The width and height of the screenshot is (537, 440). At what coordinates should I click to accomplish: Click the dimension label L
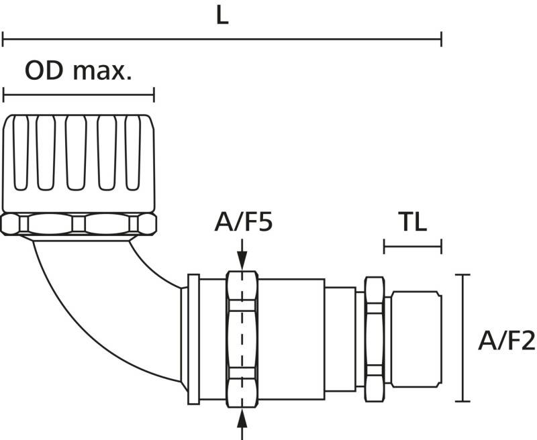[222, 16]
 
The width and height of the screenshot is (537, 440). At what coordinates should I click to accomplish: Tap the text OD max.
[78, 70]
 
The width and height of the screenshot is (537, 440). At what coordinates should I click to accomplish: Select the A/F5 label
[243, 222]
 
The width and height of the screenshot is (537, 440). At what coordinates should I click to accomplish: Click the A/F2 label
[506, 341]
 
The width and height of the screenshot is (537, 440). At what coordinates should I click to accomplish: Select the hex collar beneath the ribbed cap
[79, 223]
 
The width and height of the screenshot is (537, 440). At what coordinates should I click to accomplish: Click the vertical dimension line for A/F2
[462, 338]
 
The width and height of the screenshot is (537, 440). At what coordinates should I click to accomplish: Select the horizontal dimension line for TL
[412, 246]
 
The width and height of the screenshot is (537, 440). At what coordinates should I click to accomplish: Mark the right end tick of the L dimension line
[441, 39]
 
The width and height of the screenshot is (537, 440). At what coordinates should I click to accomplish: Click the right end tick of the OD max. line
[154, 95]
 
